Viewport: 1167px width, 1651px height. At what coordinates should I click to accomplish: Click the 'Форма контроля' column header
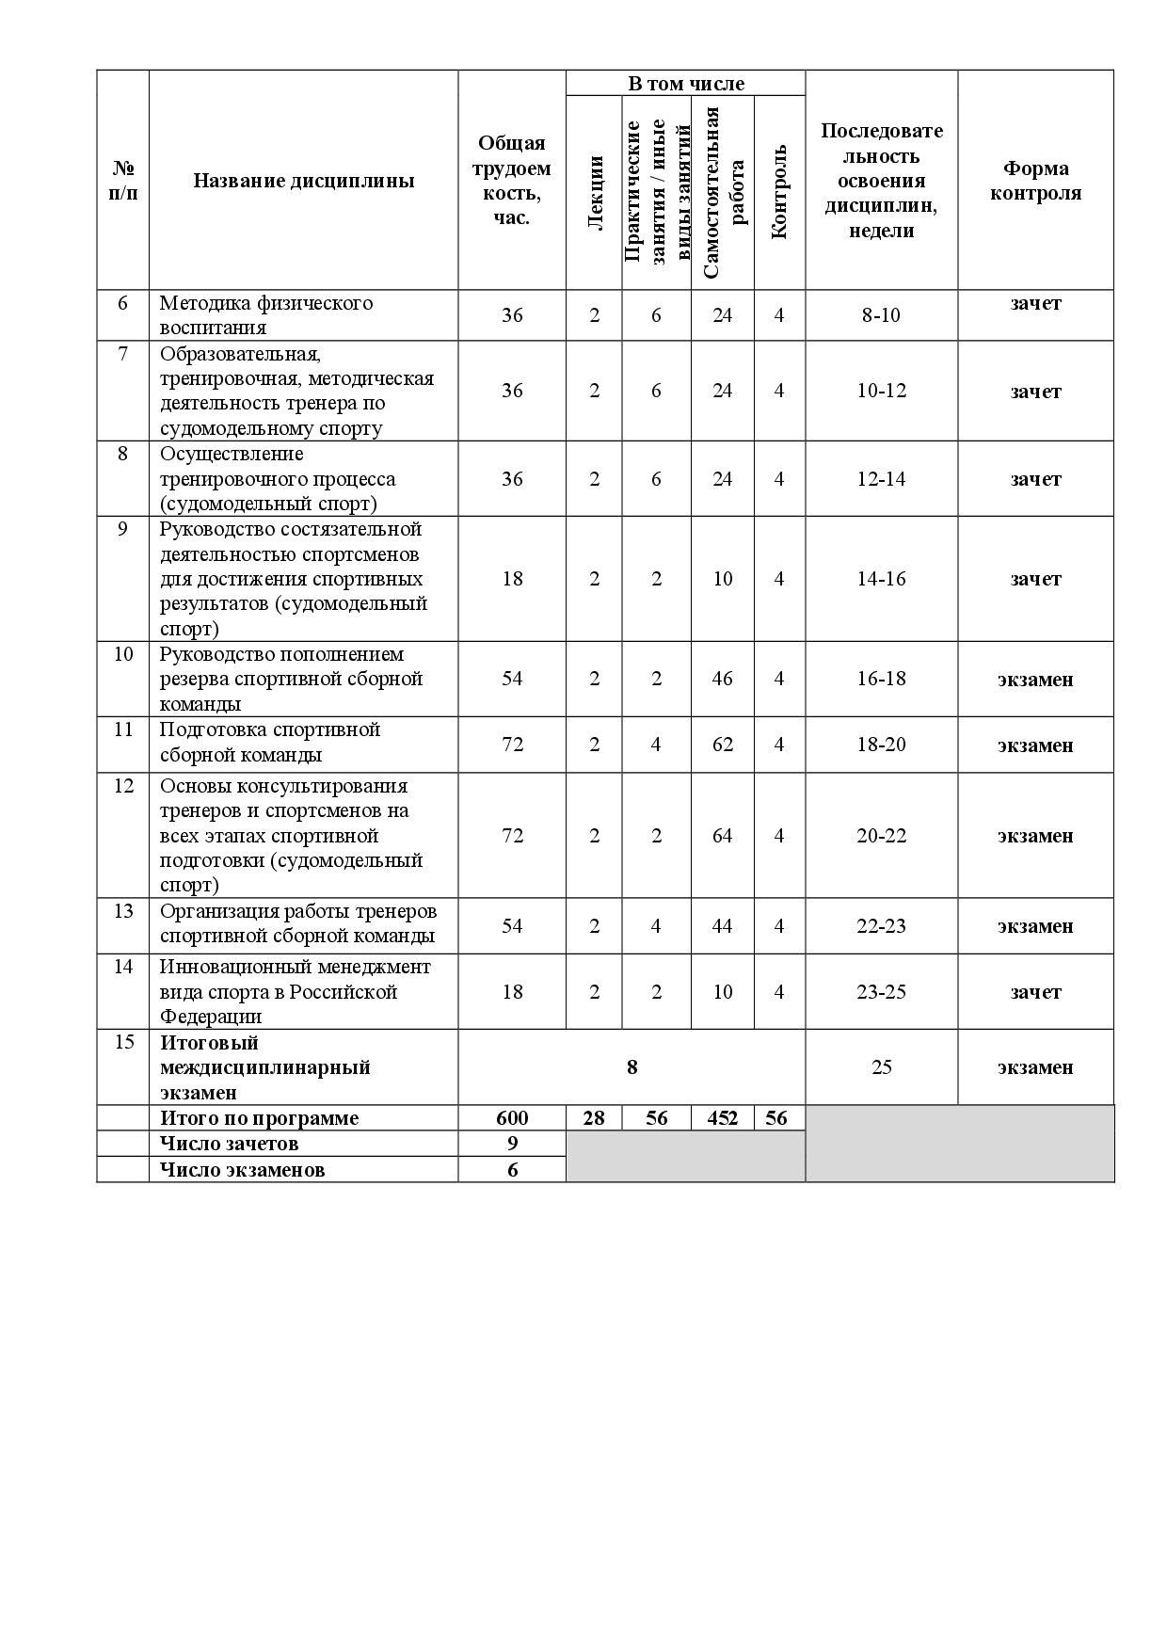pyautogui.click(x=1035, y=181)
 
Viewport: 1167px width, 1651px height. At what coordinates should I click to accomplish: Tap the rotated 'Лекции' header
pyautogui.click(x=594, y=193)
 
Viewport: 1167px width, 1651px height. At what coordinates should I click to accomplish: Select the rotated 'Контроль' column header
pyautogui.click(x=779, y=193)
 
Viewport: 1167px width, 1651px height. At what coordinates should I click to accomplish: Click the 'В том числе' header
pyautogui.click(x=685, y=84)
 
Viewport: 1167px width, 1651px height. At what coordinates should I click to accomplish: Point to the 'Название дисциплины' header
pyautogui.click(x=303, y=181)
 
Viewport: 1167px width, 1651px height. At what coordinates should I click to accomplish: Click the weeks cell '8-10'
pyautogui.click(x=881, y=315)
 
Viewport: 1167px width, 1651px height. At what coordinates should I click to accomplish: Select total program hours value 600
pyautogui.click(x=512, y=1118)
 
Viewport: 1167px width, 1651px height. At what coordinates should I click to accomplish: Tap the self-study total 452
pyautogui.click(x=722, y=1118)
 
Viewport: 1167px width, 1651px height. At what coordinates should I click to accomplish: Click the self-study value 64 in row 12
pyautogui.click(x=722, y=836)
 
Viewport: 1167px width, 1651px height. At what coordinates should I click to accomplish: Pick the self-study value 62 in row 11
pyautogui.click(x=722, y=745)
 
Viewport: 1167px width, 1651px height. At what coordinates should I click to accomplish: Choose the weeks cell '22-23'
pyautogui.click(x=881, y=926)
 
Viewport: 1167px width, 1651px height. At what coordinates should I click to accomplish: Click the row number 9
pyautogui.click(x=123, y=529)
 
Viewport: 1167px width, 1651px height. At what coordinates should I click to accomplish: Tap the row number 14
pyautogui.click(x=123, y=967)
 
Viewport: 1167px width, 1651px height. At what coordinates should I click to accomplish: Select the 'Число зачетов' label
pyautogui.click(x=230, y=1144)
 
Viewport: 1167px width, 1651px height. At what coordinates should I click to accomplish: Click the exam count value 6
pyautogui.click(x=512, y=1170)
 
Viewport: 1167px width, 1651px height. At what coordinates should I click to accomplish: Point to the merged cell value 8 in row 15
pyautogui.click(x=631, y=1067)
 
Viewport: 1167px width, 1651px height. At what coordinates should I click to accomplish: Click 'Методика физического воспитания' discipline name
pyautogui.click(x=266, y=315)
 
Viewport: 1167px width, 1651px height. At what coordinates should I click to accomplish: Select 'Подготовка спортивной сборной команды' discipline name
pyautogui.click(x=270, y=743)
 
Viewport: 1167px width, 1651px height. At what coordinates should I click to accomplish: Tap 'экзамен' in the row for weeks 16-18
pyautogui.click(x=1035, y=680)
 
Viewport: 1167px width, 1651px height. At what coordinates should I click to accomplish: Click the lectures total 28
pyautogui.click(x=594, y=1118)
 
